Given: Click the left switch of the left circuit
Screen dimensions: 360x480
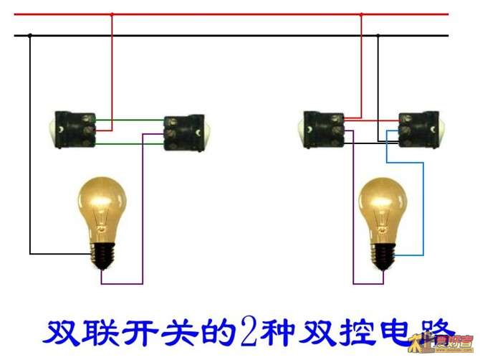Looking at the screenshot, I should (x=75, y=128).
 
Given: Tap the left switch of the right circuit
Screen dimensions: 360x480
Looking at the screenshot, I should (x=322, y=129).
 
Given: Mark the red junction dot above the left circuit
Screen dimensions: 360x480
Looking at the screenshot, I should (x=111, y=14).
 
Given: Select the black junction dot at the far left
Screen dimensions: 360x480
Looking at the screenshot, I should (x=29, y=35).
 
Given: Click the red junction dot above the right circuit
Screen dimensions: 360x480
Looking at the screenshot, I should (x=360, y=14).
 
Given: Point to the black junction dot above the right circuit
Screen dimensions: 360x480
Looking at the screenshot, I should (x=378, y=35).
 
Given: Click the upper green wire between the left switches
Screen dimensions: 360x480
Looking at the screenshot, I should (x=129, y=120).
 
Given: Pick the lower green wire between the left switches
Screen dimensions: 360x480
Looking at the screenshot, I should (x=129, y=144).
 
